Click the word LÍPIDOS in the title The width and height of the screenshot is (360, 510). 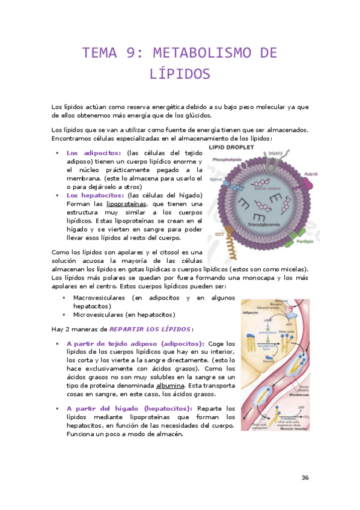click(180, 74)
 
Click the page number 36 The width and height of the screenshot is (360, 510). click(305, 478)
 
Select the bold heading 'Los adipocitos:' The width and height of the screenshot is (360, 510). click(94, 153)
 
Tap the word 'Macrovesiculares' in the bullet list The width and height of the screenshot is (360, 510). click(99, 298)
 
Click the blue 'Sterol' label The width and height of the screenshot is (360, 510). click(216, 179)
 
